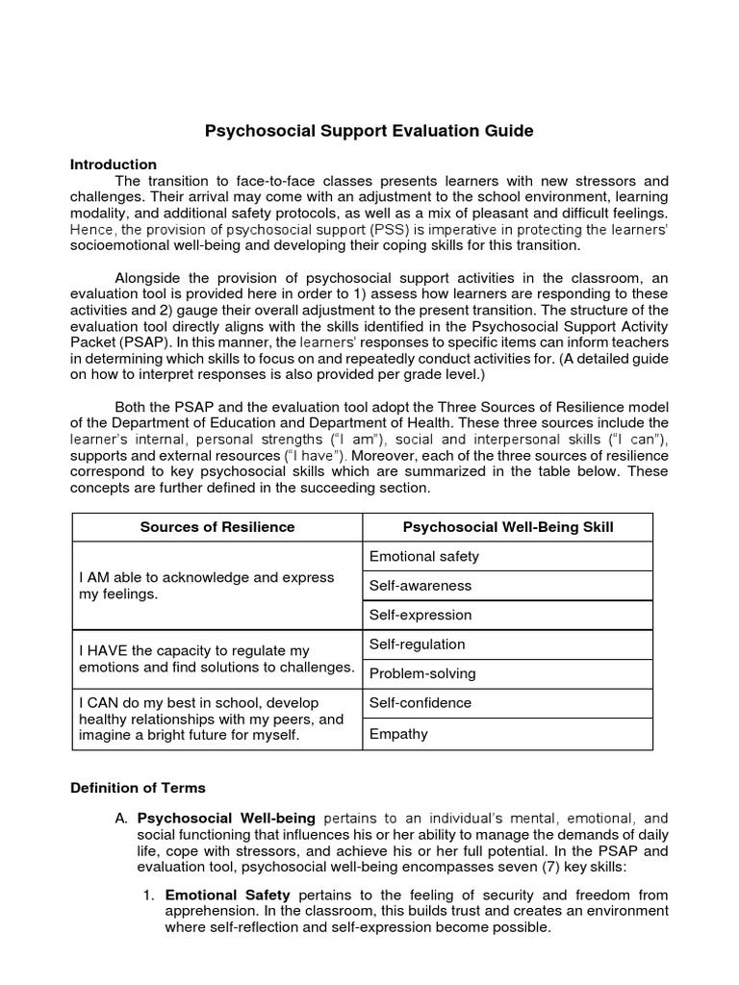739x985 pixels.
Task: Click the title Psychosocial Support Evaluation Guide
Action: click(x=369, y=130)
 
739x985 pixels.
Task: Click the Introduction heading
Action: click(x=114, y=164)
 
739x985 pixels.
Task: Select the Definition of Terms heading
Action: click(x=138, y=788)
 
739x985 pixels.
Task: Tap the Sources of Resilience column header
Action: click(x=217, y=527)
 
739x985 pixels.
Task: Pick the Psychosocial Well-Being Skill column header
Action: click(x=507, y=527)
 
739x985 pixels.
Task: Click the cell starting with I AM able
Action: click(x=206, y=585)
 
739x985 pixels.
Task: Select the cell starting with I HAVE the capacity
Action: click(x=217, y=659)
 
